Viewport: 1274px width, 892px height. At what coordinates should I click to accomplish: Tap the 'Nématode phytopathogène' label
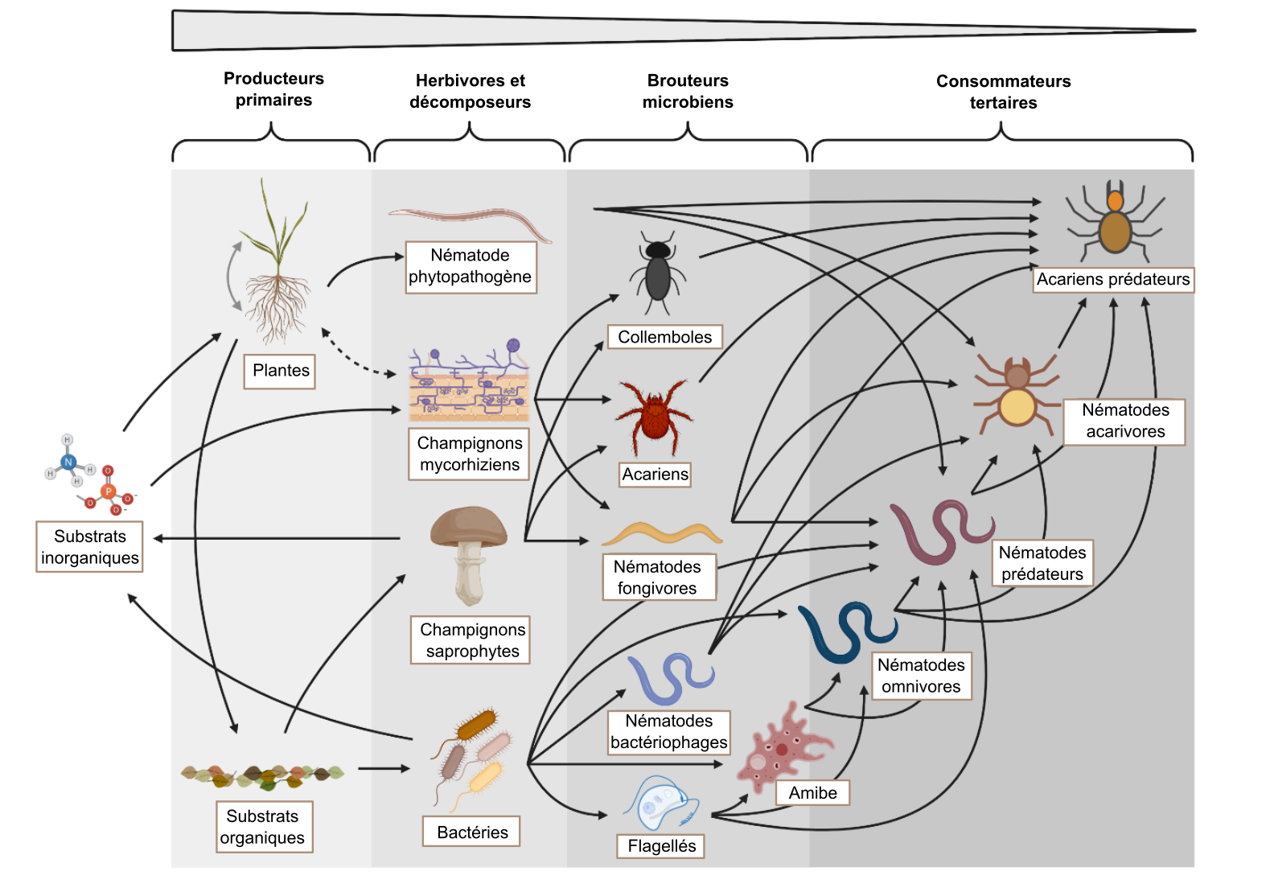coord(471,267)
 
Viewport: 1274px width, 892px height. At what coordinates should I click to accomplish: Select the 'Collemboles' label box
coord(665,337)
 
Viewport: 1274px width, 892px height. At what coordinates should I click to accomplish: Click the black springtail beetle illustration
coord(657,272)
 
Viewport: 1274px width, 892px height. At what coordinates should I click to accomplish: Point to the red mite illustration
coord(654,417)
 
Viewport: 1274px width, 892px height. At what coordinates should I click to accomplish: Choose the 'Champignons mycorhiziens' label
coord(469,454)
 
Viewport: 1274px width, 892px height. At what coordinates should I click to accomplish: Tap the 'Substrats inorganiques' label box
coord(89,547)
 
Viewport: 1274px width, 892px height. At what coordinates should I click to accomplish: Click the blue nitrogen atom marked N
coord(68,462)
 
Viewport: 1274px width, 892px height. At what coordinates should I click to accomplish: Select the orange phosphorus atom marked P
coord(108,491)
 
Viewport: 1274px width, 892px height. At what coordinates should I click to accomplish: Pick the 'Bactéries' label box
coord(471,832)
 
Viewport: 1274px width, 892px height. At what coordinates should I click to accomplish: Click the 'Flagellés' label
coord(661,846)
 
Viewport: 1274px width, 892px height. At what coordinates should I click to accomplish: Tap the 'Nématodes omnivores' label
coord(922,676)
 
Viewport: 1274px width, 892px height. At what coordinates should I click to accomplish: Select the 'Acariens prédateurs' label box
coord(1113,279)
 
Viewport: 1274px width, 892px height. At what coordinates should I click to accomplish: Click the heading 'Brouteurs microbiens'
coord(688,91)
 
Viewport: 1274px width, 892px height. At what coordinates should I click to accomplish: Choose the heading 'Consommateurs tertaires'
coord(1003,92)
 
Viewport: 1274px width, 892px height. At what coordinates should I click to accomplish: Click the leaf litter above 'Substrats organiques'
coord(263,776)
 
